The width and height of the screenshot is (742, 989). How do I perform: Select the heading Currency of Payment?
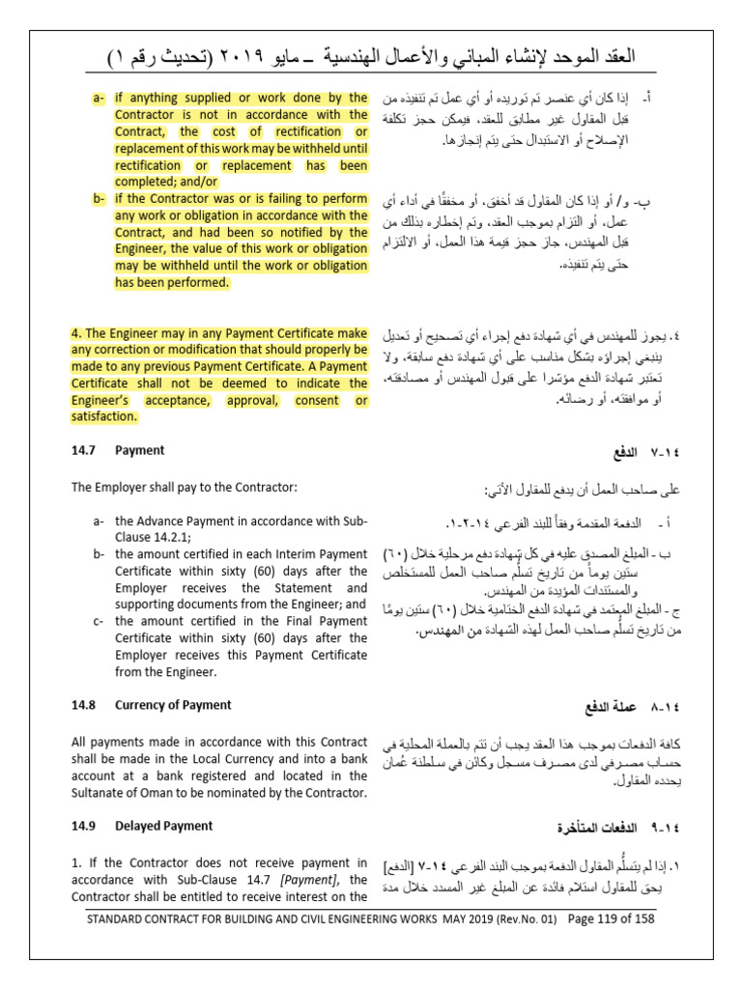click(173, 704)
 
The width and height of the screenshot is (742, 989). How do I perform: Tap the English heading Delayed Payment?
click(164, 826)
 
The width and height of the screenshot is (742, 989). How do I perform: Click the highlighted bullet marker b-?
click(99, 199)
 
